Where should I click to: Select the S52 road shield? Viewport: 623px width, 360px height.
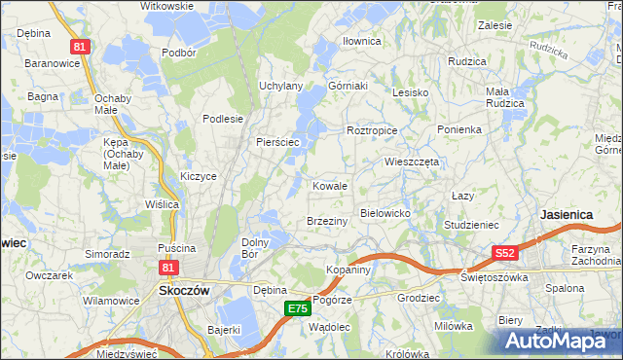coord(503,253)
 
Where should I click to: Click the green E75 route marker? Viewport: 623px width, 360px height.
coord(298,308)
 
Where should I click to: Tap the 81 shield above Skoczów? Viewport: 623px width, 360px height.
coord(168,266)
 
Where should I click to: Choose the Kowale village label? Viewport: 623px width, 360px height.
coord(330,185)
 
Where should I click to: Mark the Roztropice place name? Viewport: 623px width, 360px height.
coord(370,129)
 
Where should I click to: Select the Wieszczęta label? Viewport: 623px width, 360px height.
coord(413,162)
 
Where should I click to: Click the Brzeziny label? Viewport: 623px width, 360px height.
coord(327,221)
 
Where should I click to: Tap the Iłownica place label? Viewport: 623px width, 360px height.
coord(361,41)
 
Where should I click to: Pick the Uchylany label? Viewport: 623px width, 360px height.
coord(280,86)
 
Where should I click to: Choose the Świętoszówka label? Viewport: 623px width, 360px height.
coord(495,276)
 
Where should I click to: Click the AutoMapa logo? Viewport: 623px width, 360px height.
coord(560,340)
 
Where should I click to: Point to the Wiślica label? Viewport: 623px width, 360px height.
coord(162,204)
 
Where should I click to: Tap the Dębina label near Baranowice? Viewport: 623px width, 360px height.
coord(33,32)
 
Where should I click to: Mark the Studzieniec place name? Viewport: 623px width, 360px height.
coord(471,225)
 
